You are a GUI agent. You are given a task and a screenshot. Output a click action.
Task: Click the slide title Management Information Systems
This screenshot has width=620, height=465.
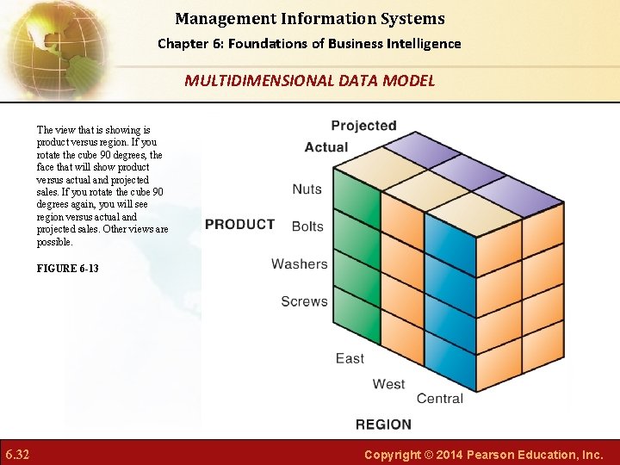click(309, 18)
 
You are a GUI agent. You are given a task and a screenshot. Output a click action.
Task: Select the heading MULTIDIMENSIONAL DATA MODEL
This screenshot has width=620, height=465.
click(309, 81)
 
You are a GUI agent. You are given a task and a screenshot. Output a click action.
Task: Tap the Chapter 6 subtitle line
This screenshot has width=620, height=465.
click(309, 44)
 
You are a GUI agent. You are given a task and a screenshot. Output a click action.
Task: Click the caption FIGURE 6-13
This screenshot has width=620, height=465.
click(67, 269)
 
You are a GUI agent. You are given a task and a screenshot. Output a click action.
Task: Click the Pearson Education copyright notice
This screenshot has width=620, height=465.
click(483, 454)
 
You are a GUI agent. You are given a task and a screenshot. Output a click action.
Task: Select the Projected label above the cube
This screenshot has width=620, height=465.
click(363, 126)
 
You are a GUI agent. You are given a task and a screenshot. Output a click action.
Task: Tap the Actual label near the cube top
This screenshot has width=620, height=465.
click(326, 147)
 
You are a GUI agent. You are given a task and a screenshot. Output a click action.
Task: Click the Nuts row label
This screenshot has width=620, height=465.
click(307, 189)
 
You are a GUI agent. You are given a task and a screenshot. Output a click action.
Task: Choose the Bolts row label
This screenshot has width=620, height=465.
click(307, 226)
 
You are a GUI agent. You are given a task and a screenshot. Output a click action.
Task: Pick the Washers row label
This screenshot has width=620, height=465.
click(299, 264)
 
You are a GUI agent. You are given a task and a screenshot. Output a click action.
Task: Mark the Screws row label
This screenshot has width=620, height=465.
click(304, 301)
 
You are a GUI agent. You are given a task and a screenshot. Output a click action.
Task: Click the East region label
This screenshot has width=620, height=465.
click(350, 358)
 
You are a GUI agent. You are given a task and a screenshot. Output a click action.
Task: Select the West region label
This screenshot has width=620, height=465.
click(388, 383)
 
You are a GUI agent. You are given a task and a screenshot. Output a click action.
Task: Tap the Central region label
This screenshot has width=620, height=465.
click(439, 399)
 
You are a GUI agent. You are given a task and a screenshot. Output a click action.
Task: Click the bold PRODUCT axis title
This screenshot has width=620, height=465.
click(239, 224)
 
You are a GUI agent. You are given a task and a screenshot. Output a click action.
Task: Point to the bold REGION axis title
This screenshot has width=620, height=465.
click(383, 424)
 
